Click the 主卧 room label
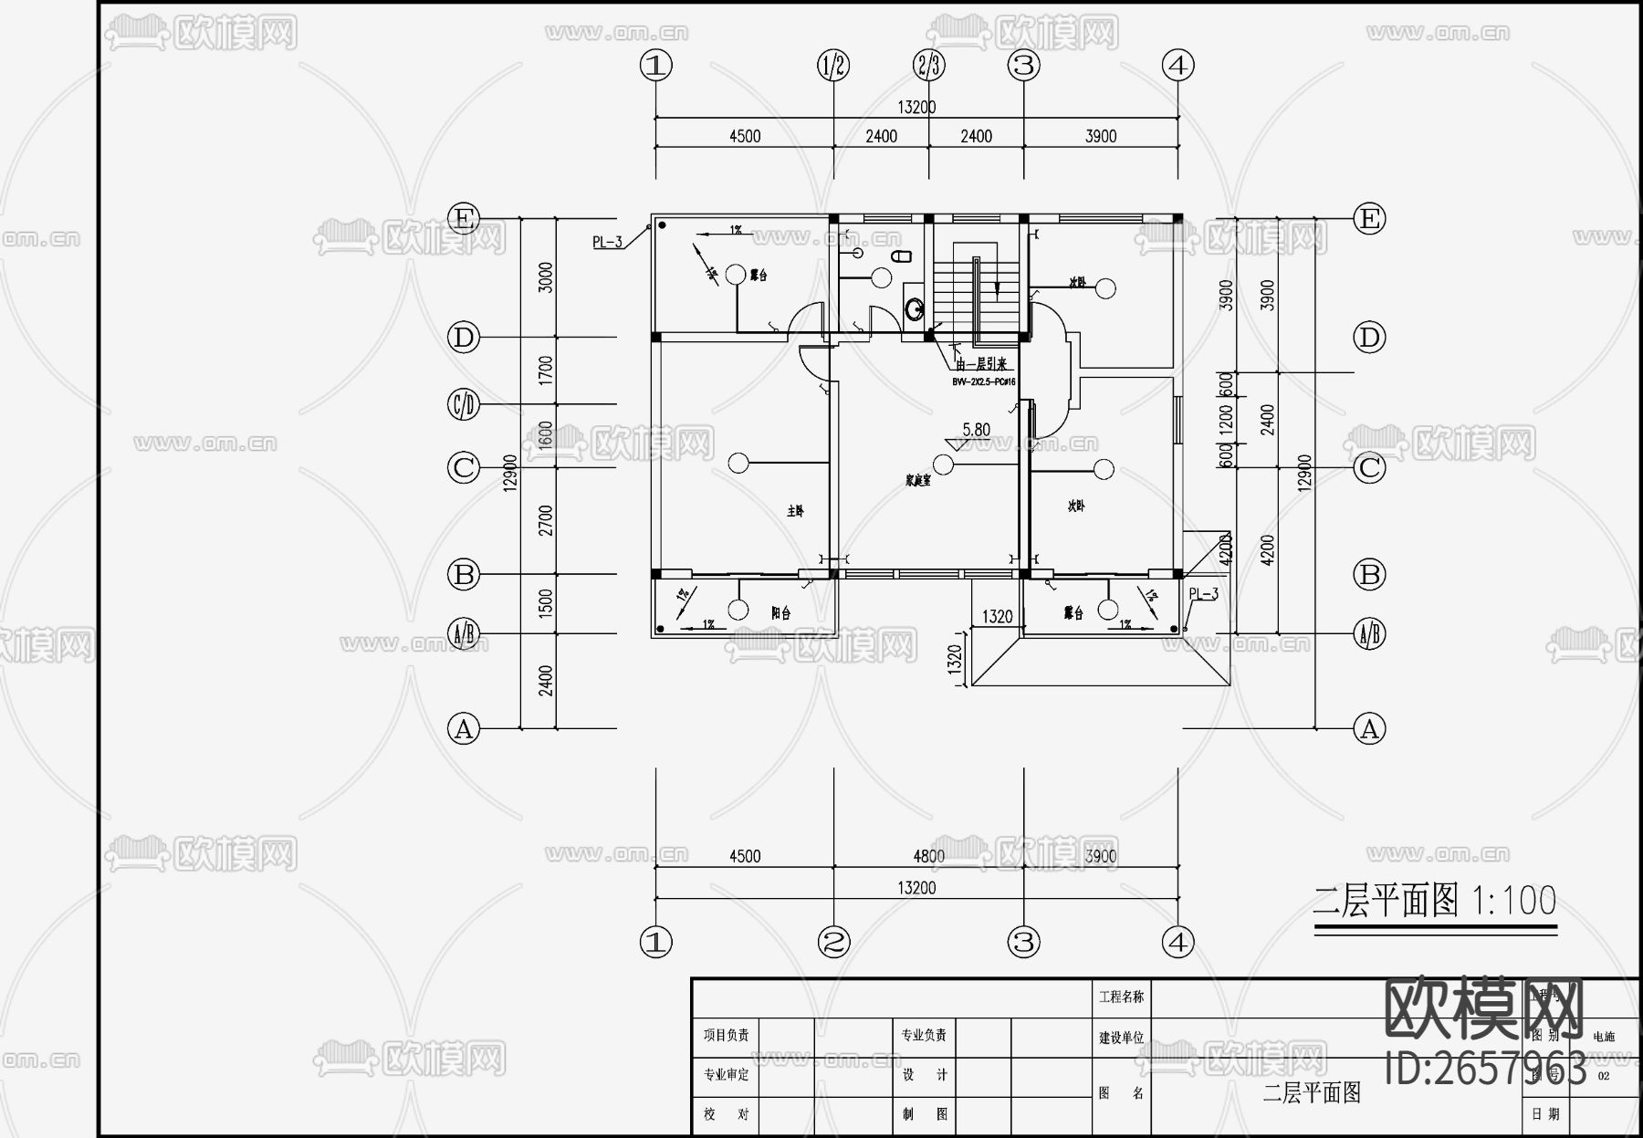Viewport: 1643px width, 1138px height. [795, 512]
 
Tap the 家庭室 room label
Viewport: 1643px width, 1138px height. [917, 480]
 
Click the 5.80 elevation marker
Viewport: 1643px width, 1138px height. [976, 430]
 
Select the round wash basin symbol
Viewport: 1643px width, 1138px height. [915, 309]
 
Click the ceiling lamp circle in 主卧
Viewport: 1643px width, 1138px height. [738, 463]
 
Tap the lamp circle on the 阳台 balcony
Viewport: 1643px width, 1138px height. [738, 609]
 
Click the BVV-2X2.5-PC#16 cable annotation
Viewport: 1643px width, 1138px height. [983, 382]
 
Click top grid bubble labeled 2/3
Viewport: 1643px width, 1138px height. [929, 66]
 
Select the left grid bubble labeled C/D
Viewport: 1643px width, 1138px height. [464, 404]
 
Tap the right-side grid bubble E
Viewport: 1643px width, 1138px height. [1369, 219]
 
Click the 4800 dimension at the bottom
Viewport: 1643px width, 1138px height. [928, 856]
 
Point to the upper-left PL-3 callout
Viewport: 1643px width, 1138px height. [607, 242]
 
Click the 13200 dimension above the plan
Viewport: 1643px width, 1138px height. [916, 107]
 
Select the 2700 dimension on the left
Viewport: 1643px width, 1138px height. [545, 521]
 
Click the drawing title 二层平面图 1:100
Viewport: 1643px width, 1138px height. [1434, 902]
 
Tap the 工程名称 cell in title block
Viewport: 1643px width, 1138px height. [1121, 997]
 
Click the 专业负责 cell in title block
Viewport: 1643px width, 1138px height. [924, 1036]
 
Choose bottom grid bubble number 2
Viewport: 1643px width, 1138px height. [833, 942]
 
